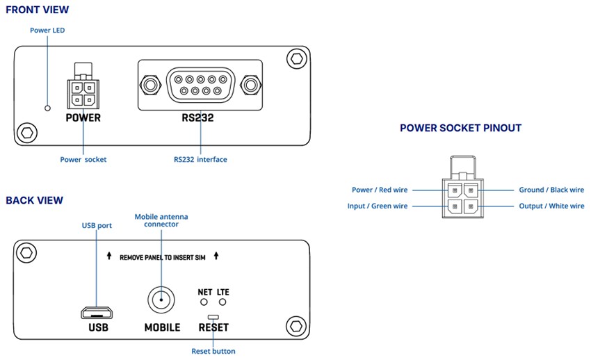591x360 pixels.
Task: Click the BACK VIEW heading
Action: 34,201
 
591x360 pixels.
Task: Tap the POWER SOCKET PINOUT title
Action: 460,128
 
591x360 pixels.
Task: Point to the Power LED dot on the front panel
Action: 47,108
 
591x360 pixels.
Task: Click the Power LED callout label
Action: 47,31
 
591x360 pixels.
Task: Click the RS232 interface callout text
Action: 200,160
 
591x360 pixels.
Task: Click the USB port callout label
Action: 96,226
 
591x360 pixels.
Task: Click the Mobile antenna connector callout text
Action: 161,221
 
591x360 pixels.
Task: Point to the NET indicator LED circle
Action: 204,302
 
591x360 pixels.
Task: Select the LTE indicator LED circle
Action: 222,302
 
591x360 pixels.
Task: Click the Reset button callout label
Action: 213,351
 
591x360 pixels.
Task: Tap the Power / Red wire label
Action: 380,190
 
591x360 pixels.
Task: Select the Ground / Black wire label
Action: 551,190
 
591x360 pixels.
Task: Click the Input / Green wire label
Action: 378,206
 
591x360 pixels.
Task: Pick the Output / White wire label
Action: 551,206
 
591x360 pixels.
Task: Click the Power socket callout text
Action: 83,160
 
